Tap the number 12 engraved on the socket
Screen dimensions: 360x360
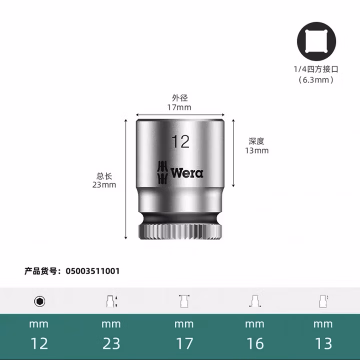point(180,141)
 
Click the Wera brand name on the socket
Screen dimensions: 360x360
point(187,173)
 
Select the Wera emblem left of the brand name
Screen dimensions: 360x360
point(161,172)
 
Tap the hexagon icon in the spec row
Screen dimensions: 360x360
point(39,301)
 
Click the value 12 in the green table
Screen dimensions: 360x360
point(39,343)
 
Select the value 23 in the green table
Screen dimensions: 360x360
point(111,343)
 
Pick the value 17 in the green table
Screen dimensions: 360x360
point(183,343)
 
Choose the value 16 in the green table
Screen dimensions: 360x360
point(254,343)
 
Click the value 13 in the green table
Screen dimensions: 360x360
point(323,343)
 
